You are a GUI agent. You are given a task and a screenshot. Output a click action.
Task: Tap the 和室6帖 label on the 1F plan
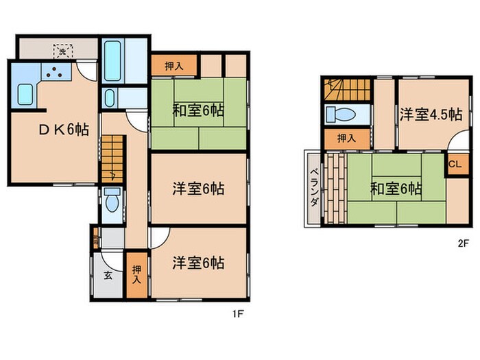tap(198, 109)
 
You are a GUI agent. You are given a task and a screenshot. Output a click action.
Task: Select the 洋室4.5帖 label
tap(430, 115)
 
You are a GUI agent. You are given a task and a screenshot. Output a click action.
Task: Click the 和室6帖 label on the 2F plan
tap(396, 189)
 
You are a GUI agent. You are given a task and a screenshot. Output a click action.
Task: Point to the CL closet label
tap(455, 165)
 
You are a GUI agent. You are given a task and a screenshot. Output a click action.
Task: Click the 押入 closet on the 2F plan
tap(347, 138)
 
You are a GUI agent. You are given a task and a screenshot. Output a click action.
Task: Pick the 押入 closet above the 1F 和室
tap(174, 66)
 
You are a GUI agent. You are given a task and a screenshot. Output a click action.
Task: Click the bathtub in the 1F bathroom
tap(113, 62)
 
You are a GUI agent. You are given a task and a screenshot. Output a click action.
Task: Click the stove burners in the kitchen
tap(52, 71)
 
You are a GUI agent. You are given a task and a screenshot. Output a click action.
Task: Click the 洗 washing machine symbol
tap(61, 51)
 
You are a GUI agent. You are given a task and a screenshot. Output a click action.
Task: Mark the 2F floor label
tap(463, 242)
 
